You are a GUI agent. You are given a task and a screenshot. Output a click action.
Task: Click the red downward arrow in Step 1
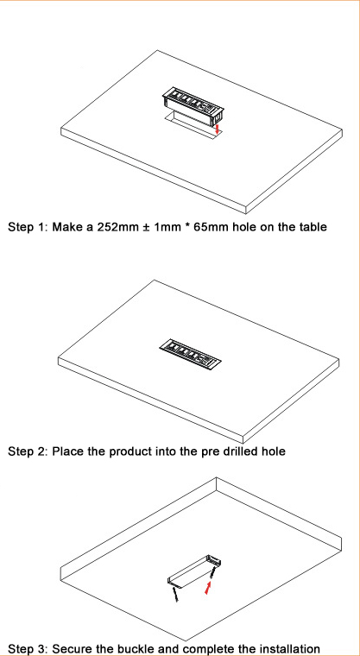(x=217, y=129)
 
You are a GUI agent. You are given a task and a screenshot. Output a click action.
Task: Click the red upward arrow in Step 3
(x=208, y=589)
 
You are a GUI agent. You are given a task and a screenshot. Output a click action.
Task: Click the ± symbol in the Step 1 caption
(x=144, y=228)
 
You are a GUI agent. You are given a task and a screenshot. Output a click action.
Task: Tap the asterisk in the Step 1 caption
(x=186, y=226)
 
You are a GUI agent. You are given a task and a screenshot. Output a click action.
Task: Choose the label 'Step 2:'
(x=28, y=452)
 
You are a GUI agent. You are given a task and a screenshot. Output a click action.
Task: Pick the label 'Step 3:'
(x=28, y=650)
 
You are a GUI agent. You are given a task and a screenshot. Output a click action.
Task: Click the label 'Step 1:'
(x=28, y=228)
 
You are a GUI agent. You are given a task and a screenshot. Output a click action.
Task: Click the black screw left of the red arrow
(x=176, y=594)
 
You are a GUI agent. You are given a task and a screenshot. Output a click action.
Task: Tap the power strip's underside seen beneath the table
(x=194, y=571)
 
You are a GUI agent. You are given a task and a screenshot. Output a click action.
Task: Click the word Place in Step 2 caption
(x=68, y=451)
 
